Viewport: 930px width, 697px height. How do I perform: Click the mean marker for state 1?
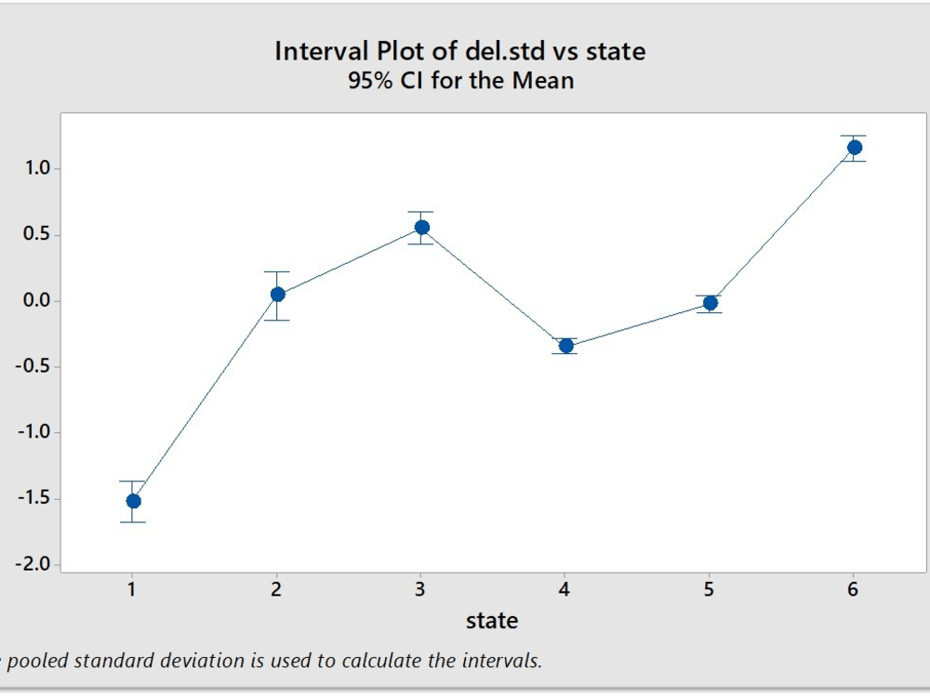[133, 501]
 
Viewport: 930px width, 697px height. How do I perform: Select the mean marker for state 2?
[277, 295]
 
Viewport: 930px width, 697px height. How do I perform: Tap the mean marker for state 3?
[421, 227]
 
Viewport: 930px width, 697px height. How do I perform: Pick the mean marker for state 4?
[565, 346]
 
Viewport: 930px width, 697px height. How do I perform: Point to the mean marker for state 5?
[710, 303]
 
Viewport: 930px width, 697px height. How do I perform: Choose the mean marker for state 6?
[854, 148]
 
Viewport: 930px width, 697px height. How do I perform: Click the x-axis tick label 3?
[420, 589]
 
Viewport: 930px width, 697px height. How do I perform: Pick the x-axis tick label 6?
[853, 589]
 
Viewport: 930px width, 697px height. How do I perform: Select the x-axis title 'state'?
[492, 621]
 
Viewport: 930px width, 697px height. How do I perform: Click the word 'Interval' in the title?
[320, 51]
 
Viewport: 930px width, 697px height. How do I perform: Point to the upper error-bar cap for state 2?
[277, 271]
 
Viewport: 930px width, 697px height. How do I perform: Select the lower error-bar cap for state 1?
[133, 522]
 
